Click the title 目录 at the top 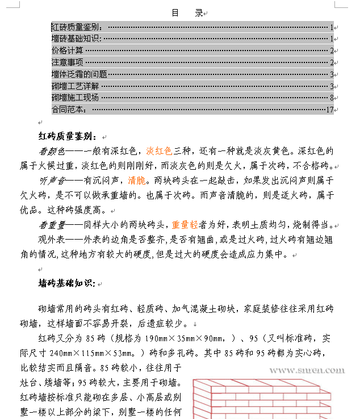(x=187, y=13)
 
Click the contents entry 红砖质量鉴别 (x=77, y=27)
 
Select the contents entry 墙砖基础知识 (x=76, y=39)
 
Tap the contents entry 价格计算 (x=68, y=51)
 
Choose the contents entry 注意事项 (x=68, y=62)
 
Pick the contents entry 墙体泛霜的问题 (x=79, y=74)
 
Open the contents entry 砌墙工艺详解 (x=76, y=86)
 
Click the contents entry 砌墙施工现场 (x=76, y=98)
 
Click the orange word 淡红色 (x=159, y=152)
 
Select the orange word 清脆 (x=136, y=181)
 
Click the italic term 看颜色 (x=52, y=152)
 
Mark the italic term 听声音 (x=52, y=181)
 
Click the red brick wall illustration (x=270, y=398)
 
